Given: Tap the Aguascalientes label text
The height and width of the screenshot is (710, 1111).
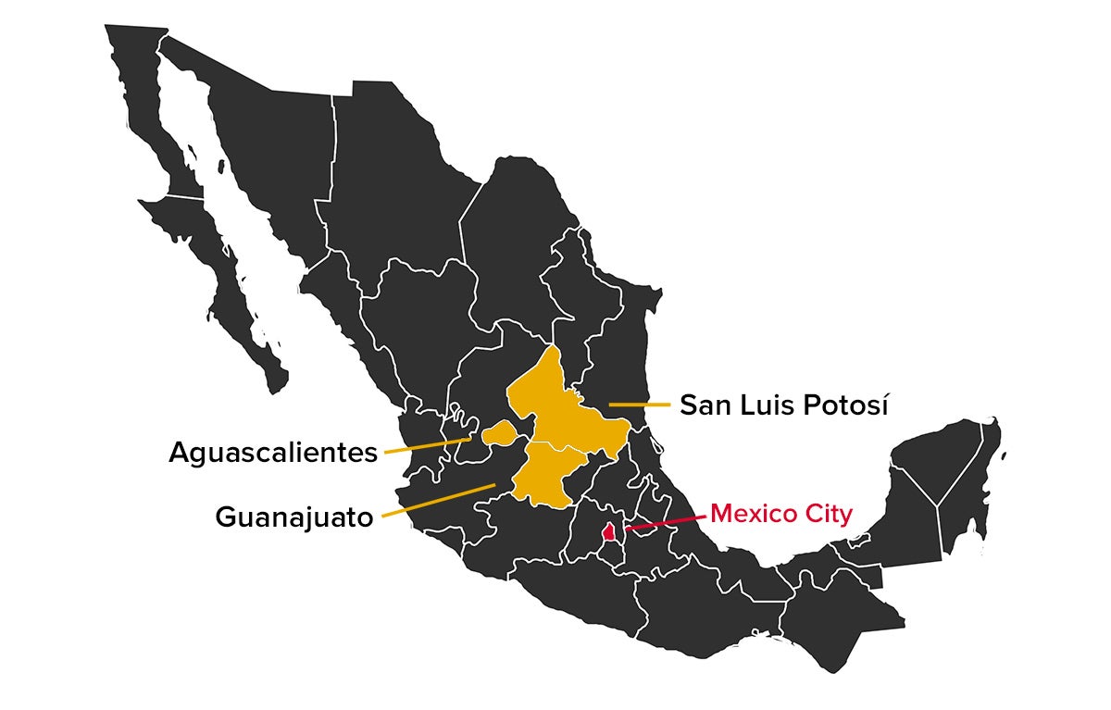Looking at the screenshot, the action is [x=273, y=453].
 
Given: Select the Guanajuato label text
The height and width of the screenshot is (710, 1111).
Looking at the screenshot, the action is [x=294, y=517].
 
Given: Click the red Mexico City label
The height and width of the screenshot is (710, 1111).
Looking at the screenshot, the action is [x=780, y=514].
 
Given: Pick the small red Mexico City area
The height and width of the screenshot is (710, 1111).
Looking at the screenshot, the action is [x=608, y=532].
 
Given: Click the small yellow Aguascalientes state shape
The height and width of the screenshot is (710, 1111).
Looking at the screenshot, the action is [x=498, y=432].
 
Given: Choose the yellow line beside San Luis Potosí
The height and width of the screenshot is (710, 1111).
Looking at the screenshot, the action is [x=639, y=405].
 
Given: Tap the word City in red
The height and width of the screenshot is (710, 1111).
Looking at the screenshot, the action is [x=830, y=514].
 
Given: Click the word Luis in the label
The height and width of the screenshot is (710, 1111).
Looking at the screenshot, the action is [x=766, y=405].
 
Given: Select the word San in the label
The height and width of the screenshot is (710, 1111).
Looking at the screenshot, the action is [x=706, y=405].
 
